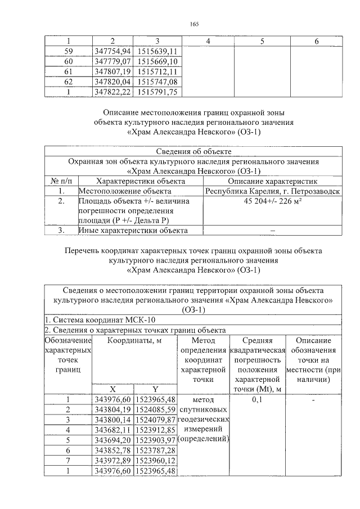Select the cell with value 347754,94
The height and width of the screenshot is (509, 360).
[x=112, y=51]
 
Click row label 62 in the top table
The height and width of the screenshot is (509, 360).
[x=68, y=82]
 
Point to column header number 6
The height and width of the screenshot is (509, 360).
[x=317, y=41]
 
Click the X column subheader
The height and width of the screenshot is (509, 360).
[x=112, y=389]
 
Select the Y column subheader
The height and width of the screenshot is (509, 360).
[x=155, y=389]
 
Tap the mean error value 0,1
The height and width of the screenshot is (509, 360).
[x=257, y=399]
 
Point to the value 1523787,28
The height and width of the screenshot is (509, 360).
[x=155, y=450]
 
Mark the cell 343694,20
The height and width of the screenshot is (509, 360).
[x=112, y=440]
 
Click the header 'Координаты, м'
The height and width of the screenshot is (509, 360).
[x=134, y=340]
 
